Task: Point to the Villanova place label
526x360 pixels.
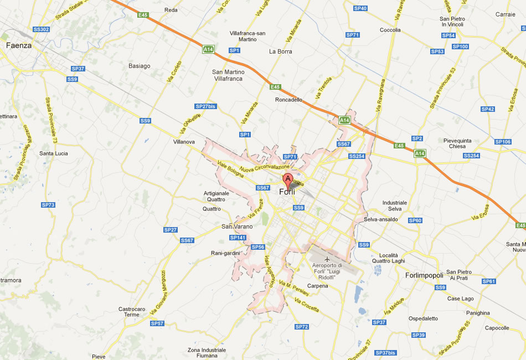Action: (x=184, y=142)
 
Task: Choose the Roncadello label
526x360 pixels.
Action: (x=289, y=100)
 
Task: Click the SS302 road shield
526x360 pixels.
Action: (x=42, y=29)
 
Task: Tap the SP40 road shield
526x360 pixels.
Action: (x=360, y=8)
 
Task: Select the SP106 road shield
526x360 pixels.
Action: (x=503, y=142)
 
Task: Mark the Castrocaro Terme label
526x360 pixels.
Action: (x=132, y=312)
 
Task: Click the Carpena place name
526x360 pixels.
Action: (x=318, y=286)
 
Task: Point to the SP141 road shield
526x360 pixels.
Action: (x=237, y=238)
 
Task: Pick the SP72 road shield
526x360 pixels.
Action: (x=302, y=327)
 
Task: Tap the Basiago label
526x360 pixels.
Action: (x=140, y=66)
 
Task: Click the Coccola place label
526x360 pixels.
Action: (x=390, y=30)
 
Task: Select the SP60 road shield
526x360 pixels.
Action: (x=415, y=220)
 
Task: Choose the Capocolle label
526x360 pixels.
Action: (x=497, y=328)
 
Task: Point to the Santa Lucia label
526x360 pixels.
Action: (x=54, y=153)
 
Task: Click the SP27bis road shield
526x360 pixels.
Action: (x=205, y=106)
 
